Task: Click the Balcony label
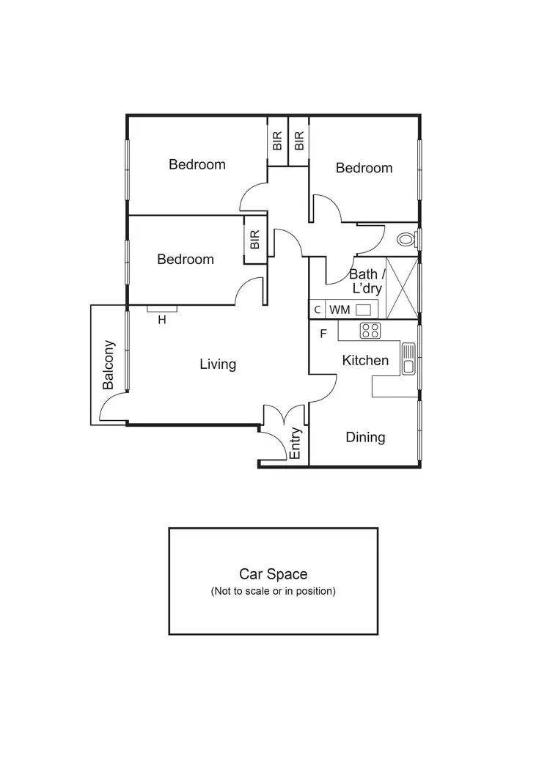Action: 109,364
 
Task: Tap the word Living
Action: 218,364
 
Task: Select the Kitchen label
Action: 365,360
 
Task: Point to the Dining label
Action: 365,437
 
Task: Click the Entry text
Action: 296,443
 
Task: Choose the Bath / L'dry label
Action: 364,282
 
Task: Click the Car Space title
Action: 273,574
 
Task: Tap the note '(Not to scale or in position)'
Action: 273,591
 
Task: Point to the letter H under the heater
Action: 162,320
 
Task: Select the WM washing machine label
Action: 340,309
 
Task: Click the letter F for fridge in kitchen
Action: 323,334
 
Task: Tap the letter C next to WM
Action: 317,309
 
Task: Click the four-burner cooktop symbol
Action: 370,331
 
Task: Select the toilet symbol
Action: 406,239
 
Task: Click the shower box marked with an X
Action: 401,287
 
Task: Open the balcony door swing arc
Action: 111,408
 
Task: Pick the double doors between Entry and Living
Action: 283,415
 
